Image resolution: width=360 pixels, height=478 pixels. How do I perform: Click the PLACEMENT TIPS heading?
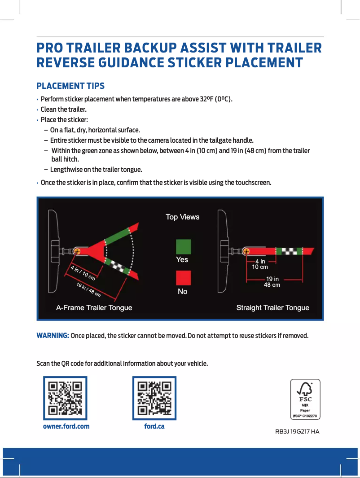tap(70, 86)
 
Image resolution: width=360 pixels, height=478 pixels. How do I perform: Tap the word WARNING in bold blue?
tap(53, 336)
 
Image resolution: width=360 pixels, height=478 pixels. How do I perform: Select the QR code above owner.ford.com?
tap(65, 398)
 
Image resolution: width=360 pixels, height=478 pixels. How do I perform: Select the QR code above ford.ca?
tap(154, 398)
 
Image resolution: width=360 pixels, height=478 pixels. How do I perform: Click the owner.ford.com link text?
tap(66, 426)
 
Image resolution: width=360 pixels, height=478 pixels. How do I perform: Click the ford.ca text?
tap(154, 426)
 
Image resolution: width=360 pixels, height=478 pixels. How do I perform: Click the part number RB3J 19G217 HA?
tap(297, 432)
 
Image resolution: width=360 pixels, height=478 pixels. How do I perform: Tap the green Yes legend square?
tap(183, 246)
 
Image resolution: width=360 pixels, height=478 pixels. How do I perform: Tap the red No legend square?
tap(183, 278)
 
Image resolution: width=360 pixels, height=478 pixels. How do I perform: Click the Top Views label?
tap(183, 217)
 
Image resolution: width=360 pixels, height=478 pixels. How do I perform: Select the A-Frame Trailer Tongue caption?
tap(94, 308)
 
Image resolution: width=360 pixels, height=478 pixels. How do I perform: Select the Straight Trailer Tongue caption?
tap(273, 308)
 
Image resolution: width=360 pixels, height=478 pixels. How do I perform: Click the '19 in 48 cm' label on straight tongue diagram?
tap(272, 282)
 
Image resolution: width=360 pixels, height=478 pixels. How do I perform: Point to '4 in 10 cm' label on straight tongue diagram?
tap(260, 264)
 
